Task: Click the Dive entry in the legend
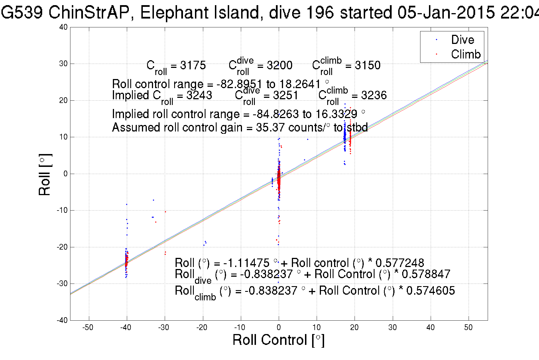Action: tap(462, 40)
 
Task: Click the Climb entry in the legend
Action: tap(465, 54)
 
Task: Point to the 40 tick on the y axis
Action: tap(64, 27)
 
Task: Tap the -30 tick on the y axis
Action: tap(62, 284)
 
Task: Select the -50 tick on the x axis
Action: tap(88, 327)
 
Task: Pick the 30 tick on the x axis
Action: tap(392, 327)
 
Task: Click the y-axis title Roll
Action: tap(45, 175)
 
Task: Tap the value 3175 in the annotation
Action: tap(193, 65)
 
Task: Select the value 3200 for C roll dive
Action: tap(279, 65)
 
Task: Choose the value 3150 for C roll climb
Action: tap(367, 65)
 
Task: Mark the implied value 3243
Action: tap(199, 95)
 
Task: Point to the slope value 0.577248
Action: tap(400, 263)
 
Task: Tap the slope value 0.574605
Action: tap(430, 291)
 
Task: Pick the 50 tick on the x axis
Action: tap(468, 327)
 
